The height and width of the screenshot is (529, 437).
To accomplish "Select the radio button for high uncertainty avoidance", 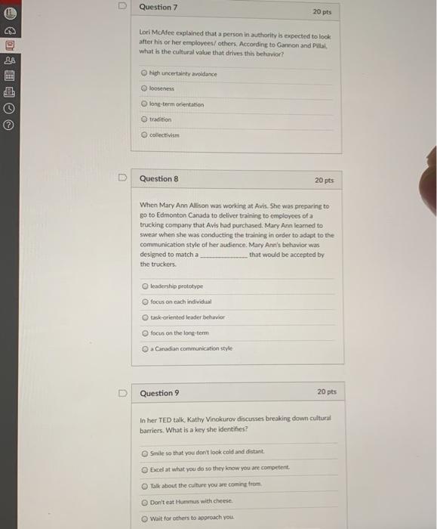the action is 144,74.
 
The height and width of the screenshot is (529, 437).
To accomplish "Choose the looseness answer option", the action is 144,89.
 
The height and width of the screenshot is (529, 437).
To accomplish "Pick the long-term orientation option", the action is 144,104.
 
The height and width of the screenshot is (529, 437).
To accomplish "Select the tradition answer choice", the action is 144,119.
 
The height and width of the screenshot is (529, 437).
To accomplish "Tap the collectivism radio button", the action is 144,135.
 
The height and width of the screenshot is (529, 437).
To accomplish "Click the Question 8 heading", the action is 158,179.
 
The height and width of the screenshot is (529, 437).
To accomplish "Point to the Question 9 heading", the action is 158,393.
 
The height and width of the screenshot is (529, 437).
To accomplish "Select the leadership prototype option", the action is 144,286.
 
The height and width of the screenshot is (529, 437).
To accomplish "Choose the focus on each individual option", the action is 144,302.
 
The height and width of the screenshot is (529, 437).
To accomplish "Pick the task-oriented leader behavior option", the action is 144,317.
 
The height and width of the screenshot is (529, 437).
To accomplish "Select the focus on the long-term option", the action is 144,333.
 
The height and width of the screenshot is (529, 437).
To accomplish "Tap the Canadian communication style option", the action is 144,348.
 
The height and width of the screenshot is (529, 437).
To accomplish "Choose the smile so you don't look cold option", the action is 144,453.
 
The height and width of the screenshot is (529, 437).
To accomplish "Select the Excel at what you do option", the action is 144,469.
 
